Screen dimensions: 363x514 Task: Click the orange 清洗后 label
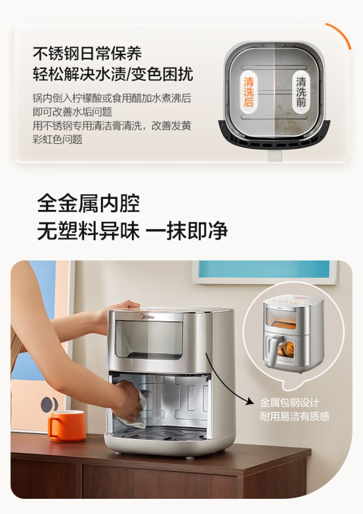248,92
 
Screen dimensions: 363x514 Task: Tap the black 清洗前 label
301,92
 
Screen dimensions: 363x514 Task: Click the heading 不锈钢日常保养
87,53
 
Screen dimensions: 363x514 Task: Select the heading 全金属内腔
88,203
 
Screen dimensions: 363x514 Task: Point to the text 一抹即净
186,230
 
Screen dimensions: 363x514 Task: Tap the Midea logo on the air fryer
147,317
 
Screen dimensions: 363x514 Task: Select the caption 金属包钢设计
289,402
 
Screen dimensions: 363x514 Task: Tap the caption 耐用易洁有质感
295,416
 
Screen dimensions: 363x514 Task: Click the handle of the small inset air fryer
272,351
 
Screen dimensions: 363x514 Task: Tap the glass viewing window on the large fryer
149,340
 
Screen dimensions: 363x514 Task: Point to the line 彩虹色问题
57,139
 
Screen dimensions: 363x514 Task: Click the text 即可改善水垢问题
73,112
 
